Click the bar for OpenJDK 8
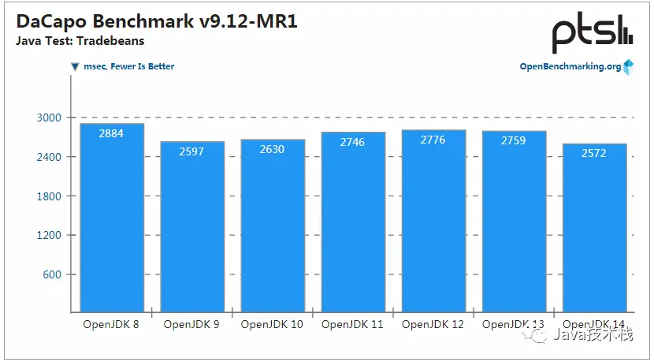pos(112,217)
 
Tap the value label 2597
pos(191,151)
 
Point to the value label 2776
pos(433,140)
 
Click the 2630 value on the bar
pos(272,149)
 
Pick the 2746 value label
pos(352,142)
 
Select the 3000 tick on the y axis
pos(49,118)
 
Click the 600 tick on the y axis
pos(52,274)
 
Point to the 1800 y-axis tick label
pos(49,196)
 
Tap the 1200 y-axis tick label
pos(49,235)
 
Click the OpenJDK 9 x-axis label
pos(191,324)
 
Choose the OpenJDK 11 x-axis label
pos(353,324)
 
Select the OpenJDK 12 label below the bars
pos(433,324)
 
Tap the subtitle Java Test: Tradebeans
pos(80,41)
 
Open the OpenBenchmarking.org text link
pos(570,66)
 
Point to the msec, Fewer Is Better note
pos(128,66)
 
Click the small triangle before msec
pos(75,67)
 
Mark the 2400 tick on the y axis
pos(49,157)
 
